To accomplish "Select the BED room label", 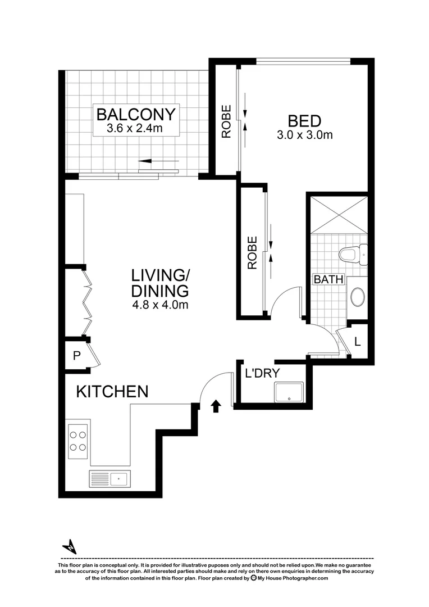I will [x=304, y=121].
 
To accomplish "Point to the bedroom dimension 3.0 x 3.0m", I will [x=304, y=135].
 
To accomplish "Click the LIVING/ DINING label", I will [x=160, y=283].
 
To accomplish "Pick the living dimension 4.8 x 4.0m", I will [x=160, y=306].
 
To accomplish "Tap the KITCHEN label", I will [x=112, y=392].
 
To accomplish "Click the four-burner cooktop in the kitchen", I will [x=77, y=441].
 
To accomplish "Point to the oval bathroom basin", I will [x=357, y=296].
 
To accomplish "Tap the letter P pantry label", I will [x=77, y=355].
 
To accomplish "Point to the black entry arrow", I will [x=216, y=406].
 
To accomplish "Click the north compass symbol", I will [x=70, y=546].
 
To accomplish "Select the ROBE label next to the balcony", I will [x=226, y=121].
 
